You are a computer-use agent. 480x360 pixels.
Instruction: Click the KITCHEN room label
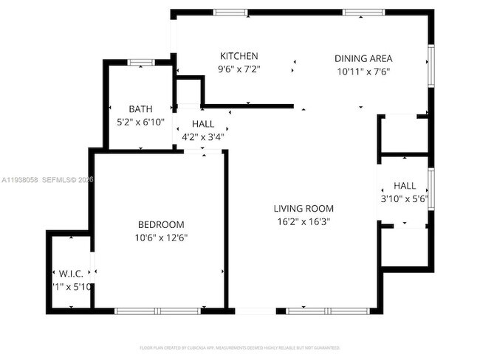click(x=239, y=56)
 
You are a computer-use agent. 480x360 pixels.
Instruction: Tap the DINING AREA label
click(x=363, y=59)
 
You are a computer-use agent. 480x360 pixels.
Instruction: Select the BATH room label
click(x=140, y=109)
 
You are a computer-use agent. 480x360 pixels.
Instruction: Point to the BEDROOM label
click(x=161, y=224)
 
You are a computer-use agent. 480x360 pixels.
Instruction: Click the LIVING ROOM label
click(x=304, y=209)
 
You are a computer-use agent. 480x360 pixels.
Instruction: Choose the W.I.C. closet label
click(x=71, y=274)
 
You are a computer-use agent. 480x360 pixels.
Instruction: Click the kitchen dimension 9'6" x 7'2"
click(x=239, y=69)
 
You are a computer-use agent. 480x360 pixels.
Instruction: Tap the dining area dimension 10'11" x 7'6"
click(x=363, y=72)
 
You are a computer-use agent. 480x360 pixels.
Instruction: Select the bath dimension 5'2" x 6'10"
click(x=140, y=122)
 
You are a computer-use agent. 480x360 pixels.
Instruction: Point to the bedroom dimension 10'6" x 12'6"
click(x=161, y=238)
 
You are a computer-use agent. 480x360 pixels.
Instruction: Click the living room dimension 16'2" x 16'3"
click(x=304, y=221)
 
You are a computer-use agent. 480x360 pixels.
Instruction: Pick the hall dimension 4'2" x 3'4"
click(x=203, y=136)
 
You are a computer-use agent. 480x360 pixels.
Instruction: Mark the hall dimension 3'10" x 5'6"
click(x=404, y=198)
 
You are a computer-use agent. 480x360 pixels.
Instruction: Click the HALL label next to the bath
click(x=203, y=123)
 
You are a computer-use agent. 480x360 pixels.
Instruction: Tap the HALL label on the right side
click(x=404, y=186)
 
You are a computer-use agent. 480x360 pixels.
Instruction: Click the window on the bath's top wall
click(x=140, y=63)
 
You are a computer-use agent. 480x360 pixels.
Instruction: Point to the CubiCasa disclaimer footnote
click(x=240, y=347)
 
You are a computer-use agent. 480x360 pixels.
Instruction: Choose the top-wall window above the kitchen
click(x=225, y=12)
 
